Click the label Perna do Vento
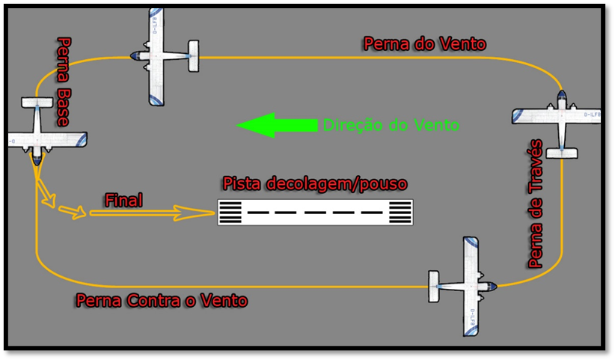click(424, 43)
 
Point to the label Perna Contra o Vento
click(162, 301)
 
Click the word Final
click(123, 200)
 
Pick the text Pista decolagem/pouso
click(314, 183)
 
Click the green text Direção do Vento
click(391, 125)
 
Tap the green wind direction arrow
click(276, 125)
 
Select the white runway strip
click(315, 213)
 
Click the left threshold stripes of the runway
click(230, 213)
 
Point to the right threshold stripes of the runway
click(401, 213)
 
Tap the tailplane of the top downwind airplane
click(193, 56)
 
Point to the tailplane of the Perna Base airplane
click(37, 103)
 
